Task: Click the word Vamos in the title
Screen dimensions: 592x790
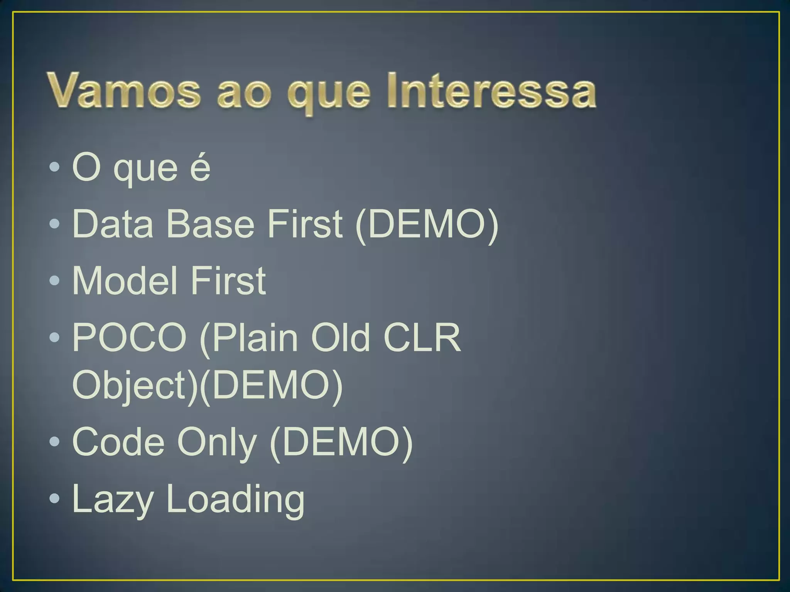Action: tap(124, 91)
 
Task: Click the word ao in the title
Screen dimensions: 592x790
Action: tap(243, 94)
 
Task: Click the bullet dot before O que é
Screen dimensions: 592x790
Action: tap(55, 167)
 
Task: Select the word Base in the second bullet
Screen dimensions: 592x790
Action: tap(210, 224)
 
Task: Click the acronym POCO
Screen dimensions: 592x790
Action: tap(130, 338)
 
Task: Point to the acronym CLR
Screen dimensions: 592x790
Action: tap(422, 338)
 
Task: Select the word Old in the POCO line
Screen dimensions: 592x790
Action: tap(341, 338)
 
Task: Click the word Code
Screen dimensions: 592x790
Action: tap(118, 442)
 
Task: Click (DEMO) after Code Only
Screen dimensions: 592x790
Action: tap(341, 442)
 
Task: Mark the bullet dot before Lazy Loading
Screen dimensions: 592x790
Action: tap(55, 498)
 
